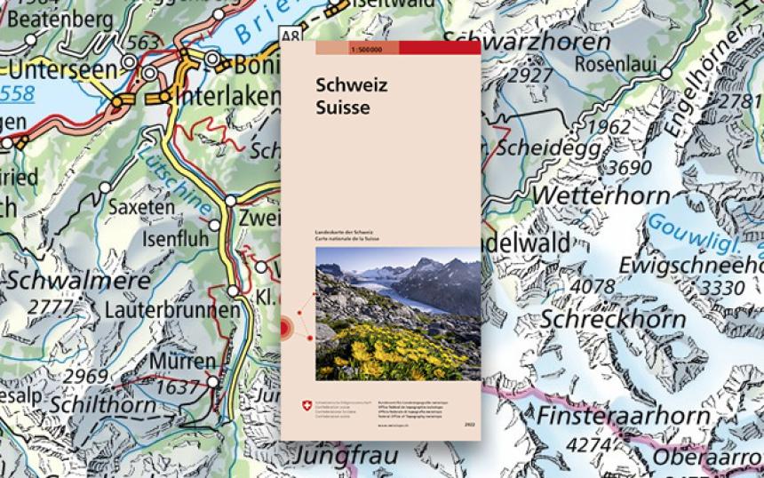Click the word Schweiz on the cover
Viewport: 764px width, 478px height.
(x=342, y=87)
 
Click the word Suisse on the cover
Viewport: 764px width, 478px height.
(x=339, y=108)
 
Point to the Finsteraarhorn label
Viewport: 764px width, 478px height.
(x=623, y=415)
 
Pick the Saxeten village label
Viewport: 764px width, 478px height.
(x=141, y=207)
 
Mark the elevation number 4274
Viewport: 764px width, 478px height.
(x=590, y=443)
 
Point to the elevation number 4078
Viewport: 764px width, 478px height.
(x=592, y=287)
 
